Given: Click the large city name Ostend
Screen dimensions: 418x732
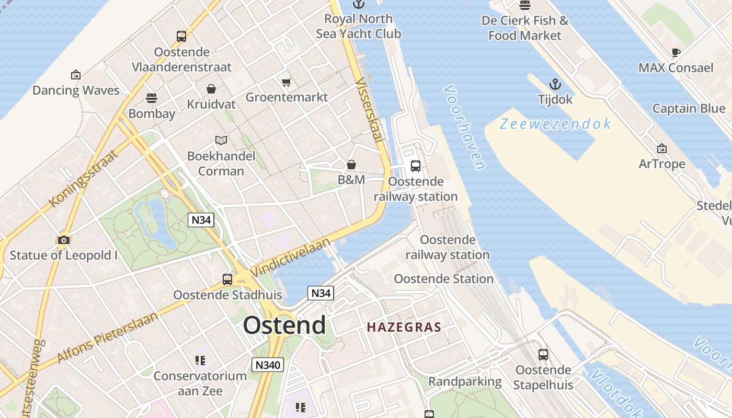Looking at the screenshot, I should tap(284, 325).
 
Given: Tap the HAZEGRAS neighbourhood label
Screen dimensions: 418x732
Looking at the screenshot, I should tap(404, 328).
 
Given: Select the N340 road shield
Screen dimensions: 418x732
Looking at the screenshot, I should tap(267, 365).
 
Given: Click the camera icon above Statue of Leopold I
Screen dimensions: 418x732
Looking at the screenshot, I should tap(64, 240).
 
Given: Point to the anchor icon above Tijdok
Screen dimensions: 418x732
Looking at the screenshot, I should tap(555, 84).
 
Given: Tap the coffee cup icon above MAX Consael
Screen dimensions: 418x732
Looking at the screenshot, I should tap(676, 52).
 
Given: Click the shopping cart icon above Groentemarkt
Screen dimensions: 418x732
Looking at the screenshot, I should tap(286, 82).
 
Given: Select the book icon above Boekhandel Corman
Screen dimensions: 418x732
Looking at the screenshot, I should tap(221, 140).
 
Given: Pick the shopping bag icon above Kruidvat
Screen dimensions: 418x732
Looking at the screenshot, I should tap(211, 89).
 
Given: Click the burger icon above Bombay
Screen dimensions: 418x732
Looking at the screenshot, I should tap(152, 98).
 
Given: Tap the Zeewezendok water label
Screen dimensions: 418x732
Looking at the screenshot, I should tap(555, 124).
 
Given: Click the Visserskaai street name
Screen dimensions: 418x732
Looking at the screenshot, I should tap(369, 110).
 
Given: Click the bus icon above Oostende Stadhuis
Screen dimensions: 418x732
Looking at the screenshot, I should tap(227, 280).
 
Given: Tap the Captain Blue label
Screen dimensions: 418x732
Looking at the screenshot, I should tap(689, 109).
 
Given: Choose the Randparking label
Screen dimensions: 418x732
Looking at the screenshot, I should tap(465, 381).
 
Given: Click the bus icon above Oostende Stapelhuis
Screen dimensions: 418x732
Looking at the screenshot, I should tap(543, 355).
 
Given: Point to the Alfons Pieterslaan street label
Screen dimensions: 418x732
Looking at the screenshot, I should tap(107, 338).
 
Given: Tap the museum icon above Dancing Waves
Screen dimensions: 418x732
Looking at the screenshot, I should tap(76, 75).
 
